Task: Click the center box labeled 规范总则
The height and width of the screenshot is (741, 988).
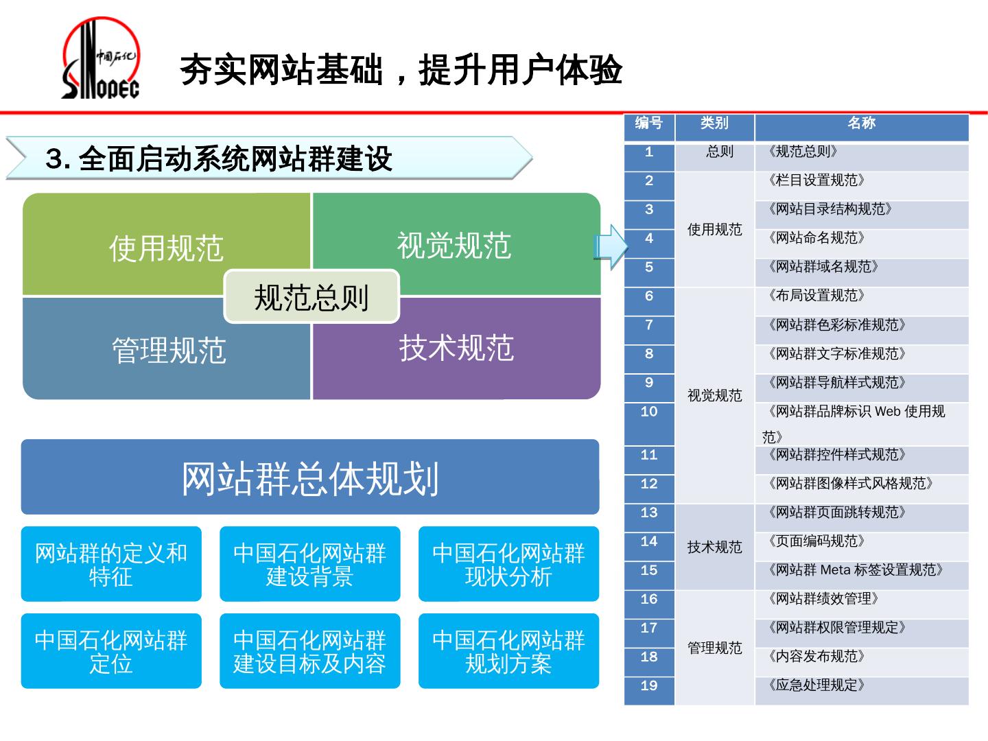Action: [x=311, y=297]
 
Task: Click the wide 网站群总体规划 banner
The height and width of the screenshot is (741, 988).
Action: [x=310, y=478]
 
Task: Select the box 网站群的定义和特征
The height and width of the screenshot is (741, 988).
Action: [x=111, y=564]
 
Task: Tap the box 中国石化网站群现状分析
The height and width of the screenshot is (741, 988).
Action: [x=508, y=564]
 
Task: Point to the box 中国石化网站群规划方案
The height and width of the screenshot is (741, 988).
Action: [x=508, y=651]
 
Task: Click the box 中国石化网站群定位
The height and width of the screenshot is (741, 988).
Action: [x=111, y=651]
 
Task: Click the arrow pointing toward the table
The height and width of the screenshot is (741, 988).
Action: [x=611, y=246]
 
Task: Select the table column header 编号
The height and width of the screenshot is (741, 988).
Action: [x=649, y=123]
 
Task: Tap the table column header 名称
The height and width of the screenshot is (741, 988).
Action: [x=861, y=123]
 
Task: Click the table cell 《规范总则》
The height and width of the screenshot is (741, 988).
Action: [x=803, y=152]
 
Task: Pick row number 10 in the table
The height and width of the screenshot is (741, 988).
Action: [x=649, y=412]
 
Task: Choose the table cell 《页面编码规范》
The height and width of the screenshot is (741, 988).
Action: [x=817, y=542]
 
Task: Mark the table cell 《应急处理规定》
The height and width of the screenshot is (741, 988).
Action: [x=817, y=686]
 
